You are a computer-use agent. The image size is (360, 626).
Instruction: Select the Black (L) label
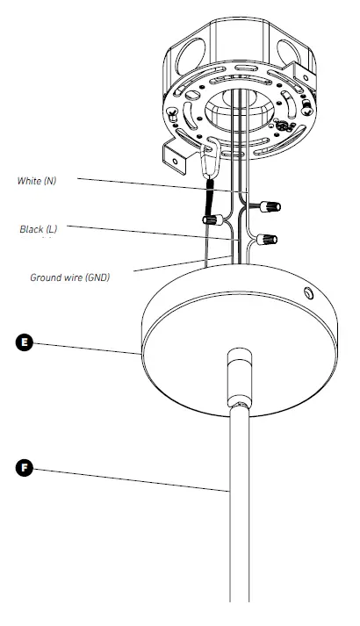pos(38,230)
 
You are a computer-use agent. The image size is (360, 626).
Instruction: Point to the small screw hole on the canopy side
pos(306,292)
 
